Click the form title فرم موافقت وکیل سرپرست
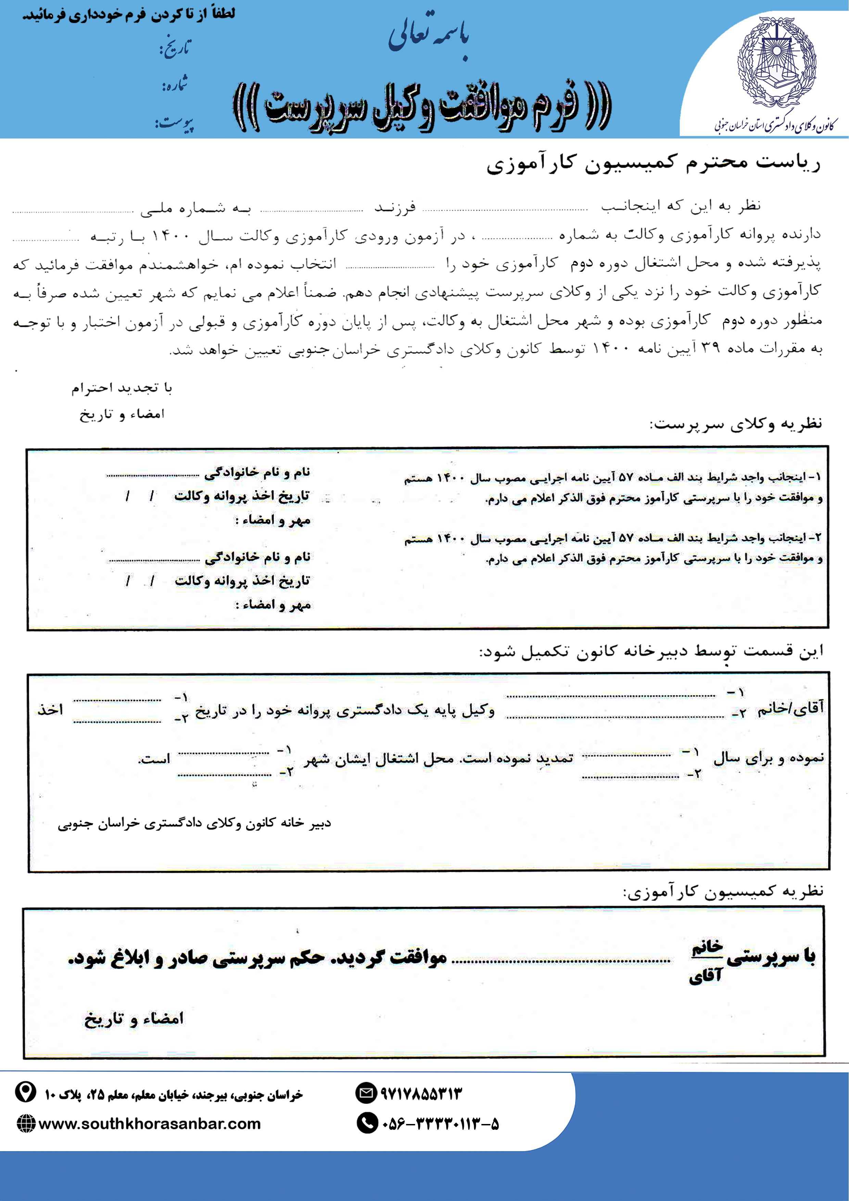click(422, 107)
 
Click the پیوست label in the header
click(174, 124)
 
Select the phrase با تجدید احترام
click(122, 387)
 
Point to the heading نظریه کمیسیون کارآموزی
click(723, 891)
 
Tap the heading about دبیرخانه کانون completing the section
click(651, 652)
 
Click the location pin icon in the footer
click(25, 1092)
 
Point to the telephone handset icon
click(367, 1123)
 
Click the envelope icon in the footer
click(366, 1093)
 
